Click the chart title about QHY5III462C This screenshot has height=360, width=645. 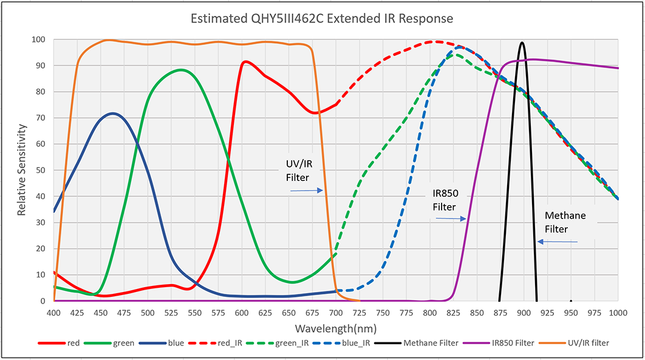pyautogui.click(x=322, y=19)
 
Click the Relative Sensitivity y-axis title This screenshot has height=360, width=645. pyautogui.click(x=21, y=171)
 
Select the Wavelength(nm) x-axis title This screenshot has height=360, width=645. pyautogui.click(x=336, y=328)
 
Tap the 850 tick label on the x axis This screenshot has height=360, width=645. pyautogui.click(x=477, y=312)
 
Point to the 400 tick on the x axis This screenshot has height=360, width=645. pyautogui.click(x=54, y=312)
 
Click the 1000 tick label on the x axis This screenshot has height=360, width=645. pyautogui.click(x=617, y=312)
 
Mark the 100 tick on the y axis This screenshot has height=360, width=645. pyautogui.click(x=39, y=39)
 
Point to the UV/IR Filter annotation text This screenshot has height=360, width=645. pyautogui.click(x=298, y=171)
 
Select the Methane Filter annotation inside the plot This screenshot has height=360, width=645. pyautogui.click(x=565, y=222)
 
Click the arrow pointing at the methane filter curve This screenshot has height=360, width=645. pyautogui.click(x=557, y=242)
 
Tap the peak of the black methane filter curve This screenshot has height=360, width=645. pyautogui.click(x=522, y=42)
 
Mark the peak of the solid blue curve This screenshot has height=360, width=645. pyautogui.click(x=112, y=113)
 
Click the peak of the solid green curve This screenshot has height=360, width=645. pyautogui.click(x=180, y=70)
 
